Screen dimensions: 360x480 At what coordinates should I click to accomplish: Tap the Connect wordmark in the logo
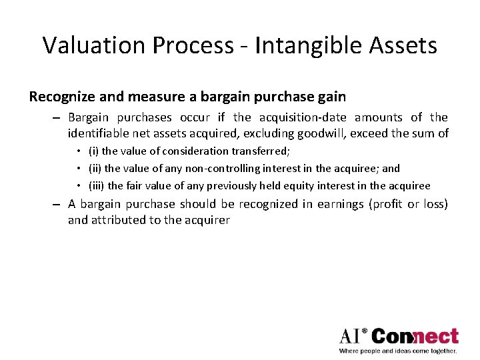pyautogui.click(x=415, y=337)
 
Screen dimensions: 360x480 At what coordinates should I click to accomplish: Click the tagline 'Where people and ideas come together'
pyautogui.click(x=398, y=350)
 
